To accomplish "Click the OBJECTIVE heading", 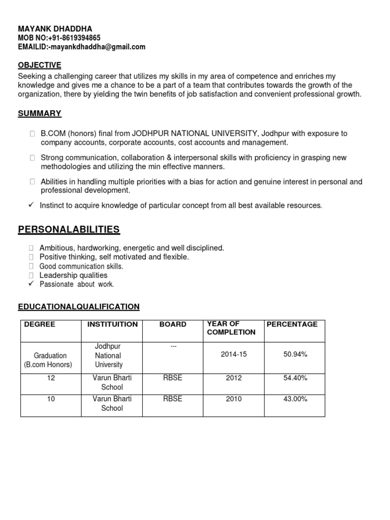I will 40,65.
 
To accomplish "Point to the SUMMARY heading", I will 40,113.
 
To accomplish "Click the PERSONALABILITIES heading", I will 69,230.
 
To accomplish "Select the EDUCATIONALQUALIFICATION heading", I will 79,307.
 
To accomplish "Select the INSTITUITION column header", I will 112,324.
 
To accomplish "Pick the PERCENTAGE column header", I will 292,324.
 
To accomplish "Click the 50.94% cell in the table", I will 295,354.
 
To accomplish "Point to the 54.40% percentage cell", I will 295,378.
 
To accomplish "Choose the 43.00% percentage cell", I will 295,399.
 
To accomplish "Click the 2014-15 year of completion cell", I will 234,354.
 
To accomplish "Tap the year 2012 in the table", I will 234,378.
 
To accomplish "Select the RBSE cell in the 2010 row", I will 173,399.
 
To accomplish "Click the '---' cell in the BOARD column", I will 173,346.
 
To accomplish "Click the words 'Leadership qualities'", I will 73,275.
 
